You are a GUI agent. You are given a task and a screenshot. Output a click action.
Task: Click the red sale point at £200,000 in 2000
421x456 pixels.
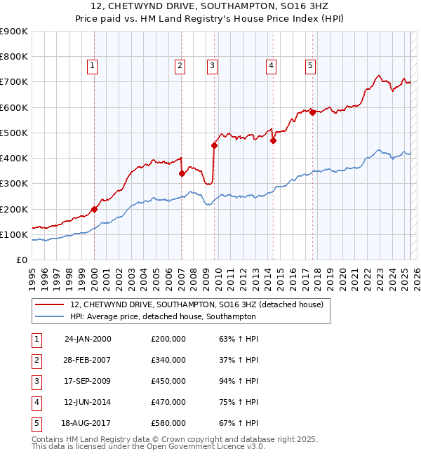pos(94,209)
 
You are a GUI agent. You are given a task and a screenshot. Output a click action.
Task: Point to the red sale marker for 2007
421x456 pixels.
pos(182,173)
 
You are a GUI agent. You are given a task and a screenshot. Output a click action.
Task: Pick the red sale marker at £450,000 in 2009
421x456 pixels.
pos(214,145)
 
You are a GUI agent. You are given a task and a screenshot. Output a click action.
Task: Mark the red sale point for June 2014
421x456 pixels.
pos(273,140)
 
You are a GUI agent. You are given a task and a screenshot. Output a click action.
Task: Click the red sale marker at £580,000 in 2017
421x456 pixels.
pos(312,112)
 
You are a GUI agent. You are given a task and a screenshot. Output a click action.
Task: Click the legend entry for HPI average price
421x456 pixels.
pos(163,316)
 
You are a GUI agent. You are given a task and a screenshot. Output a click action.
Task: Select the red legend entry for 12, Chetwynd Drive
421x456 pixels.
pos(196,304)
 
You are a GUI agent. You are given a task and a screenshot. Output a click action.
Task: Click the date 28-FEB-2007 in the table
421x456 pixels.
pos(88,360)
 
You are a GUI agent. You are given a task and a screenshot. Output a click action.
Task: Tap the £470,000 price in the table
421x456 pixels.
pos(168,402)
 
